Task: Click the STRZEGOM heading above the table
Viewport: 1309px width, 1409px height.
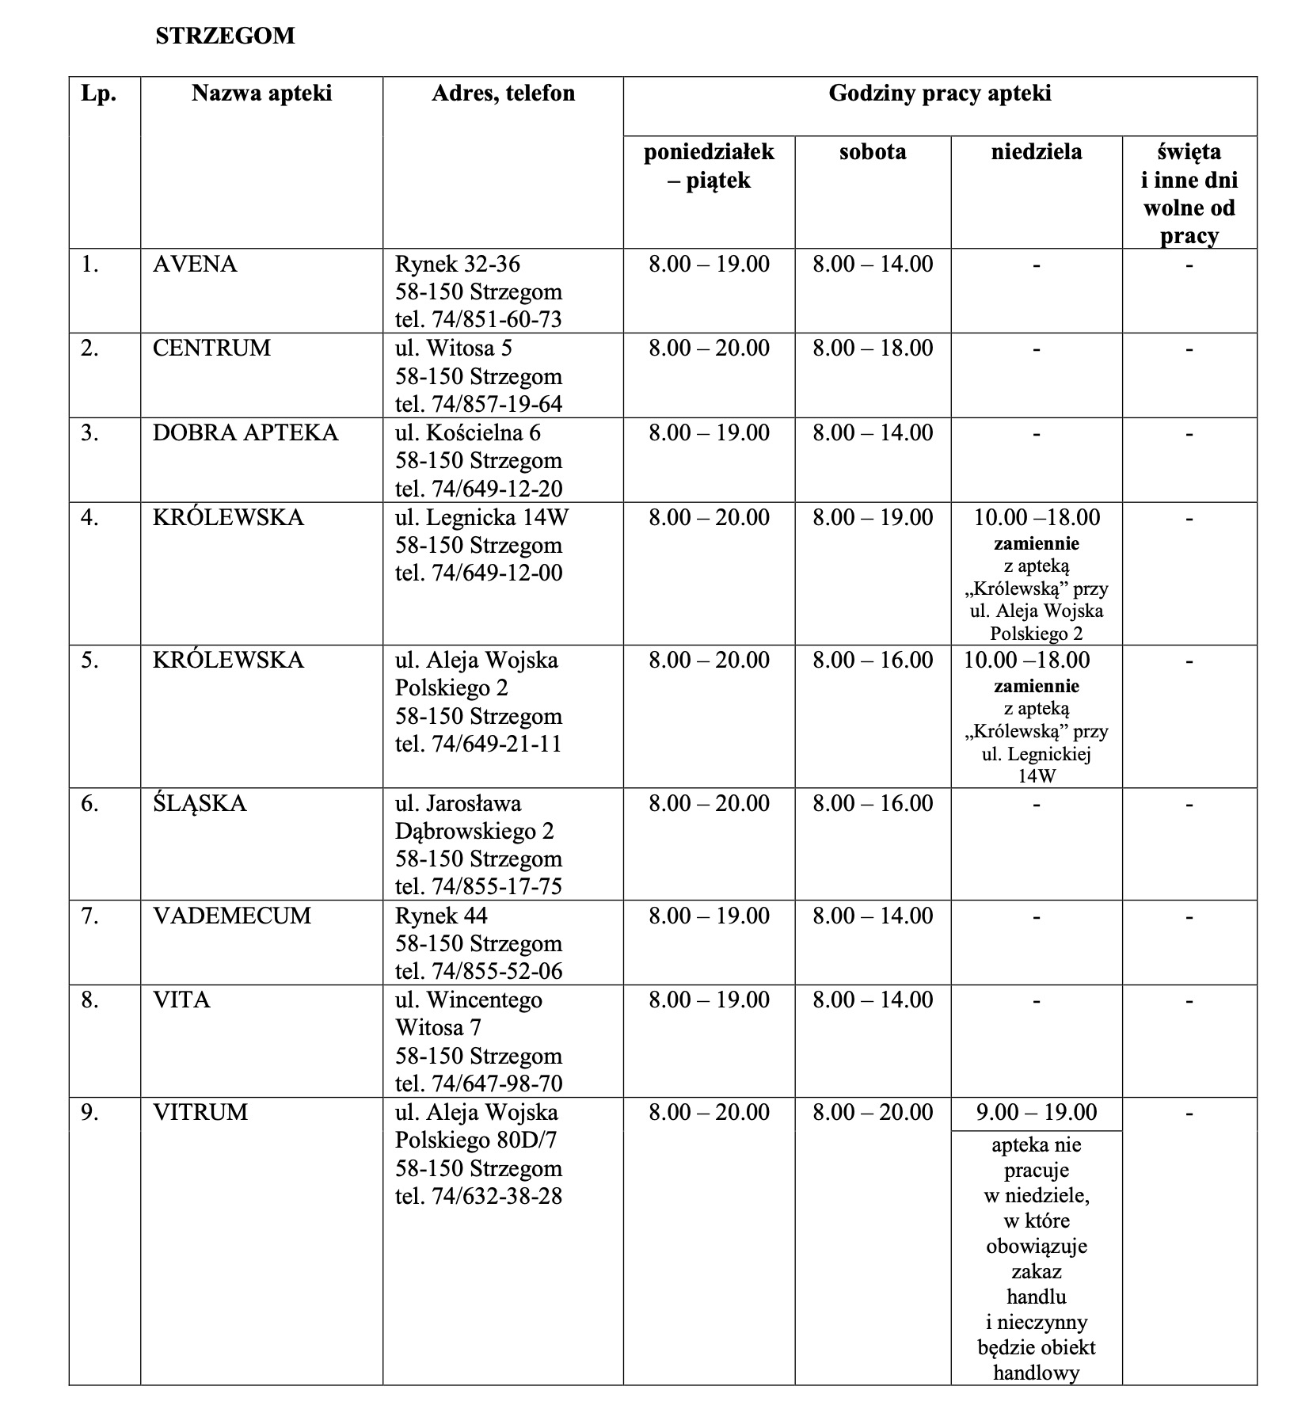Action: point(225,36)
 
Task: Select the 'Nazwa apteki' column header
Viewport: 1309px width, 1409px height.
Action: point(261,93)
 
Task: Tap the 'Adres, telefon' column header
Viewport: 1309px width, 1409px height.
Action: point(503,93)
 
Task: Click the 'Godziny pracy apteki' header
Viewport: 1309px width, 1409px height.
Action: point(939,93)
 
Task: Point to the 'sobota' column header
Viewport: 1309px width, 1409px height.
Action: point(873,151)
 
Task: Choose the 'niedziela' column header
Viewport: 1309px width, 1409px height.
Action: point(1036,151)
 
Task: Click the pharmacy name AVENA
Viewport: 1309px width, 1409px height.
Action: point(195,264)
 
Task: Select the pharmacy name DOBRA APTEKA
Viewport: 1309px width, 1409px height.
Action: point(245,432)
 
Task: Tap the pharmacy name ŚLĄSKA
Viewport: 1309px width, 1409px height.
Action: point(200,803)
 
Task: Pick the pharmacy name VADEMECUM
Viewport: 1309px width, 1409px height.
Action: point(232,916)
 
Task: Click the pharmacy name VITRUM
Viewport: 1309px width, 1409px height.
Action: point(200,1112)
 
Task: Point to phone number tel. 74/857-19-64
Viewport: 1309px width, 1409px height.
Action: point(478,404)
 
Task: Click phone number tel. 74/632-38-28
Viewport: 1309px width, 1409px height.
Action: point(478,1196)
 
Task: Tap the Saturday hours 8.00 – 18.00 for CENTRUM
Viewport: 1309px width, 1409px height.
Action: point(873,348)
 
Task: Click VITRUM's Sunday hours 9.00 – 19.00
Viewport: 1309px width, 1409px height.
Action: point(1036,1112)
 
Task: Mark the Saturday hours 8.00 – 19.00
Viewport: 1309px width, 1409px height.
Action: point(873,517)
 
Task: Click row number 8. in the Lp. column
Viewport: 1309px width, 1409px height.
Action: point(90,1000)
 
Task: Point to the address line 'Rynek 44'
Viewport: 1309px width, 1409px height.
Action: point(441,916)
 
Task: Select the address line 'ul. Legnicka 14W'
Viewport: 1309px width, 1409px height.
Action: point(481,517)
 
